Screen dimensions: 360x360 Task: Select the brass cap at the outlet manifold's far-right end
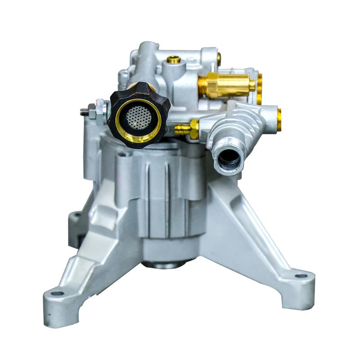[279, 119]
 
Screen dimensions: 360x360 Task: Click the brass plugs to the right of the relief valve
[260, 88]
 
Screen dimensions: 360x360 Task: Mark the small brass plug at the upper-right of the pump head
[219, 58]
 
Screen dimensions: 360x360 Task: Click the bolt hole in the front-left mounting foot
[58, 293]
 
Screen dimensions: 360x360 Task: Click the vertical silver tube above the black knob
[146, 63]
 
